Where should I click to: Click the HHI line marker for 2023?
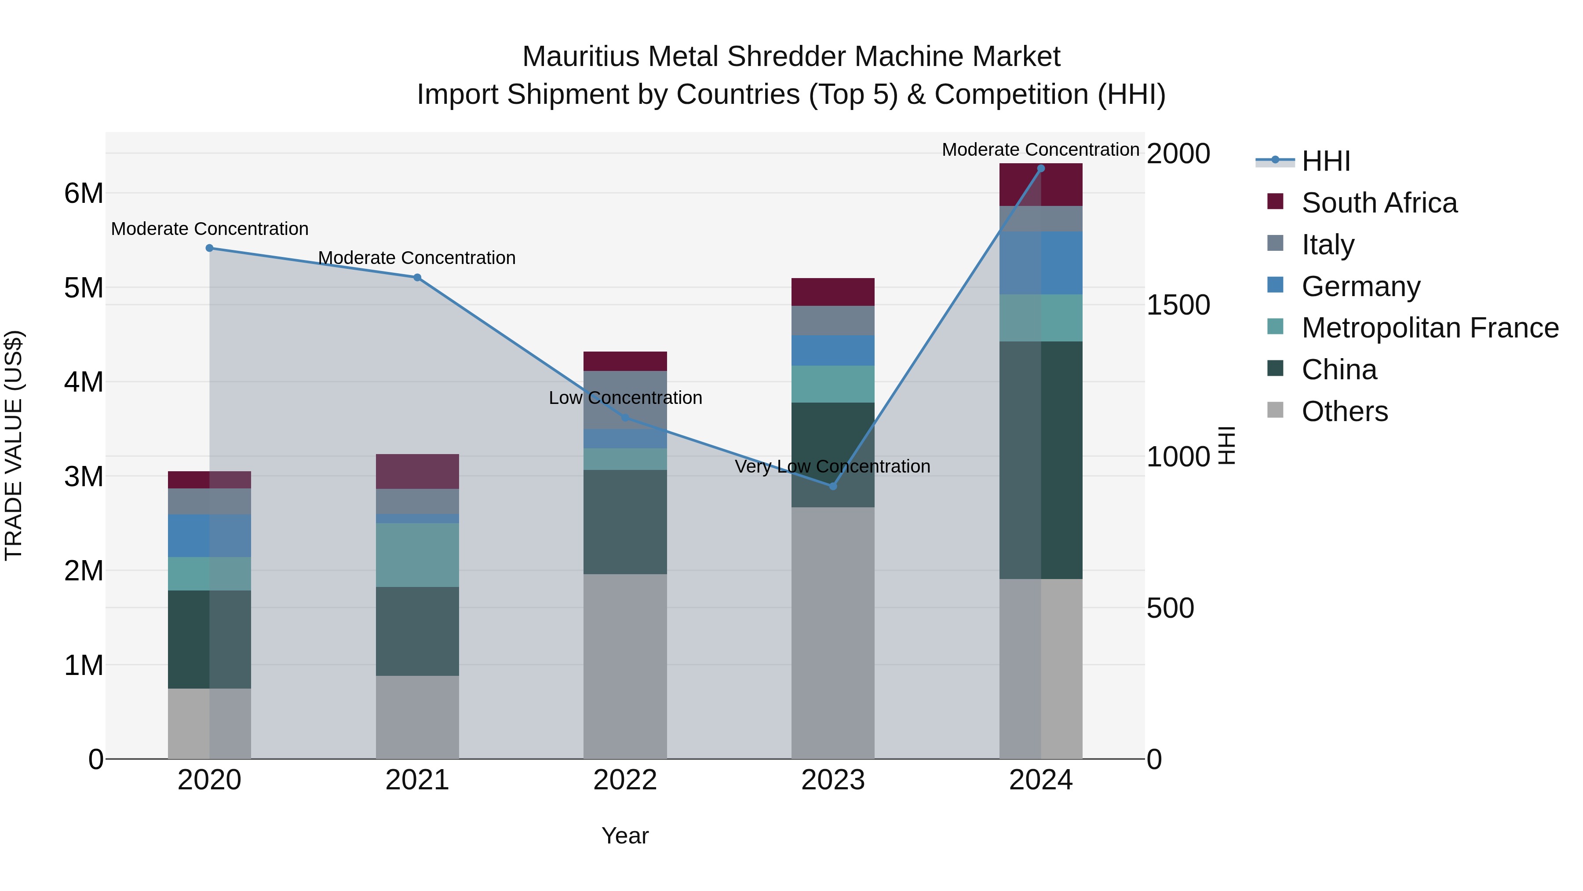833,486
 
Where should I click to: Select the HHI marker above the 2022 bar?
625,418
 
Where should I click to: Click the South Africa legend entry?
1379,203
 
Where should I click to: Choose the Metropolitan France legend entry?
1430,328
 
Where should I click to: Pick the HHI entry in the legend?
1325,161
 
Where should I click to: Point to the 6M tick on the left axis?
84,193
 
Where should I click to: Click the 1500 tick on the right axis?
1178,305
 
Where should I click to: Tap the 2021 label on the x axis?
417,780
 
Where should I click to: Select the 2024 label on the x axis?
1040,780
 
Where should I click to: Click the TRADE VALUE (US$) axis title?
14,445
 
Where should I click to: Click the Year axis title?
625,836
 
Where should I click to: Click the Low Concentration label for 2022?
625,398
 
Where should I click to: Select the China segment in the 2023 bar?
833,455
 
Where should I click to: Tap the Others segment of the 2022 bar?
625,666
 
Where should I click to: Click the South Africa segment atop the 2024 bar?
1040,184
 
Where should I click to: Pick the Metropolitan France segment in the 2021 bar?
417,555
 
